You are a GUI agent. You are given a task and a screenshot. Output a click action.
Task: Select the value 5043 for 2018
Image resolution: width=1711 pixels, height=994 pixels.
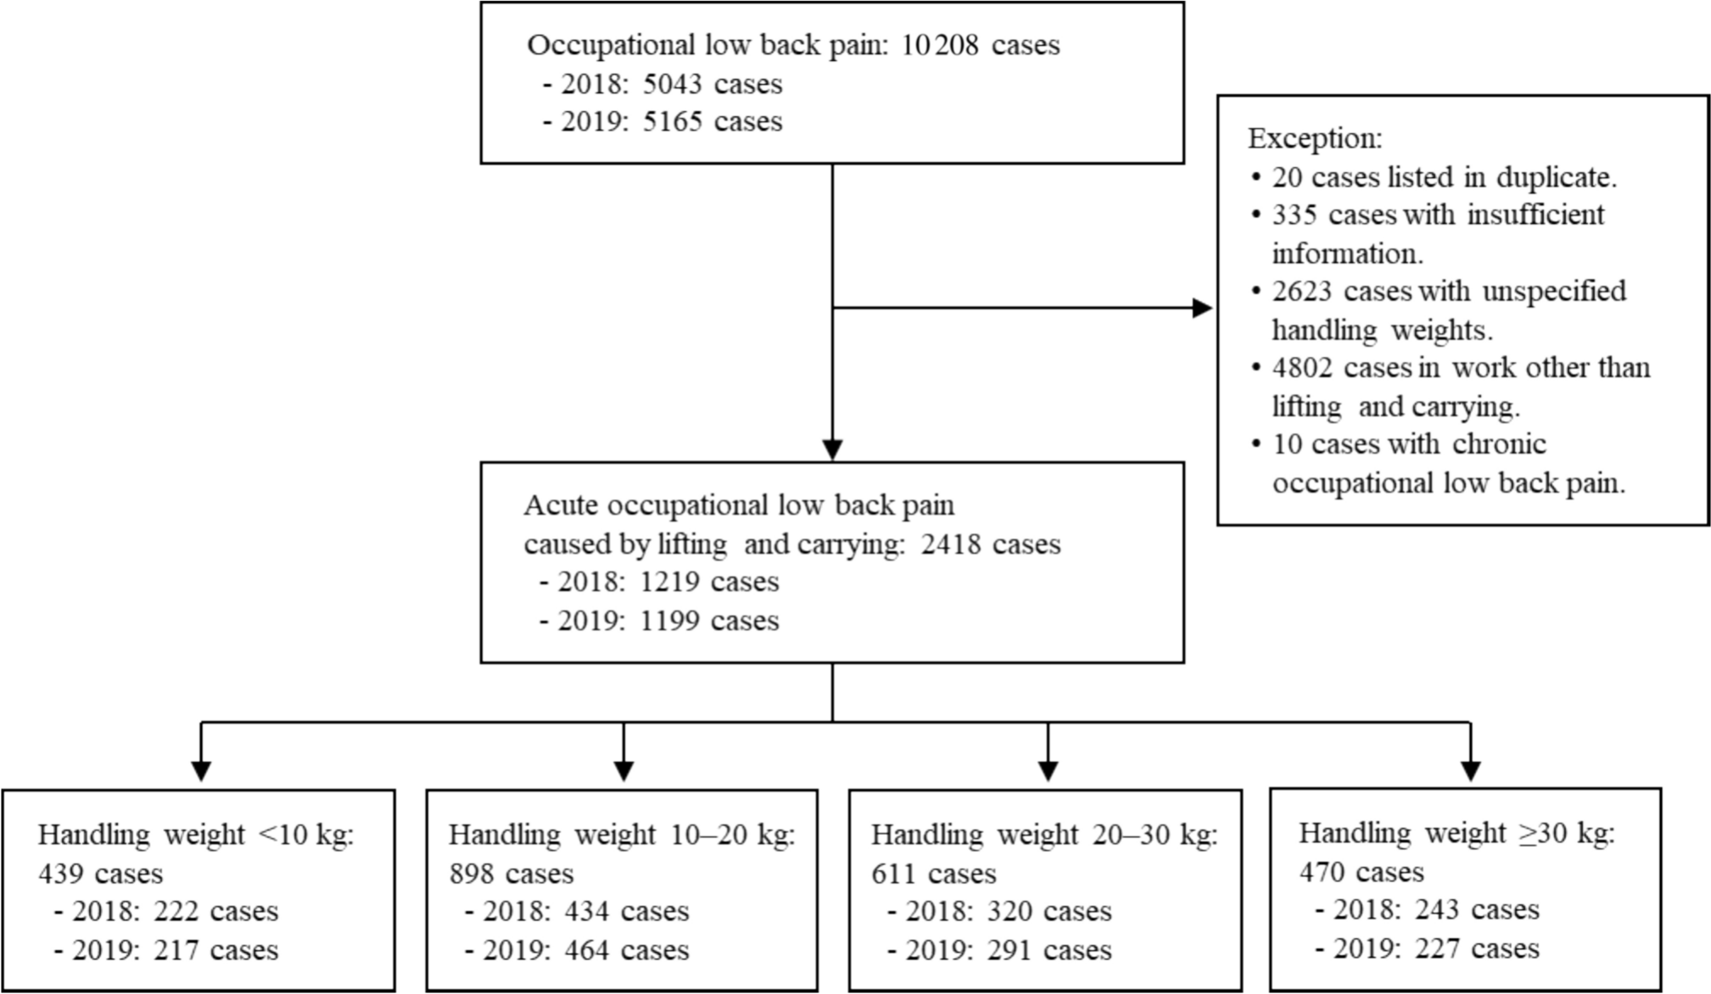(673, 84)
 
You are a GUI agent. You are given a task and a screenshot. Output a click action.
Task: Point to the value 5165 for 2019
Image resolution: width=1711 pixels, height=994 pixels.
(673, 121)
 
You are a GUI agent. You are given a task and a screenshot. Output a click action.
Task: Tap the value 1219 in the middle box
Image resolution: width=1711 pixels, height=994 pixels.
(669, 582)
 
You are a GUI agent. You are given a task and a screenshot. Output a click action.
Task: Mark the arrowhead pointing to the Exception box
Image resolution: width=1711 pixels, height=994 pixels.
(1203, 308)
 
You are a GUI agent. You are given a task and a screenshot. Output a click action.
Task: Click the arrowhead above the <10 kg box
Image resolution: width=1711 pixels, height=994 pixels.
(201, 770)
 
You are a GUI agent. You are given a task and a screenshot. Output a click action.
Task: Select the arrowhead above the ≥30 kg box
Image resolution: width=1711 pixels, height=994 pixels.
(1470, 770)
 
